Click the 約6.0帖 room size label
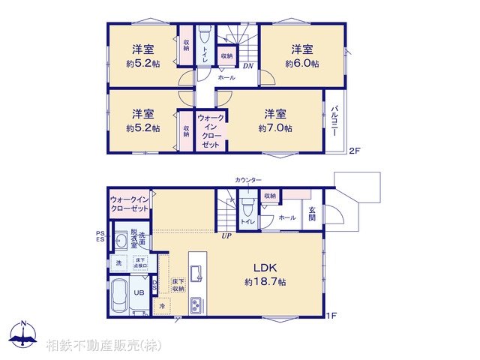click(x=301, y=64)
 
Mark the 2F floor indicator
click(x=355, y=151)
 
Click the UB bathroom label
click(x=138, y=292)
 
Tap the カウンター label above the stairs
click(x=248, y=181)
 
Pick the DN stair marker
click(x=247, y=66)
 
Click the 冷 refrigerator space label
click(x=162, y=307)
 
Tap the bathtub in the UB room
click(x=118, y=297)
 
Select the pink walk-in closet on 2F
click(x=211, y=130)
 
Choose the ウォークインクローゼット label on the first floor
click(x=129, y=203)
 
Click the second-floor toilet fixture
click(x=204, y=34)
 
